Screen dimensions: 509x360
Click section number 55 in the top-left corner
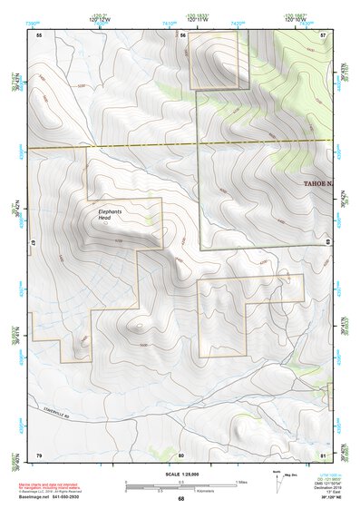coord(39,35)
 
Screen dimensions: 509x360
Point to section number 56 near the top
coord(182,35)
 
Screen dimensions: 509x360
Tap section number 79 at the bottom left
coord(39,454)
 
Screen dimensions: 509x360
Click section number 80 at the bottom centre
coord(181,454)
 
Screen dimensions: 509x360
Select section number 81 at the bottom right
coord(323,454)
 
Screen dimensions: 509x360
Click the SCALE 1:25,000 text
coord(180,473)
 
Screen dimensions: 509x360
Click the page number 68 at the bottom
coord(180,498)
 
